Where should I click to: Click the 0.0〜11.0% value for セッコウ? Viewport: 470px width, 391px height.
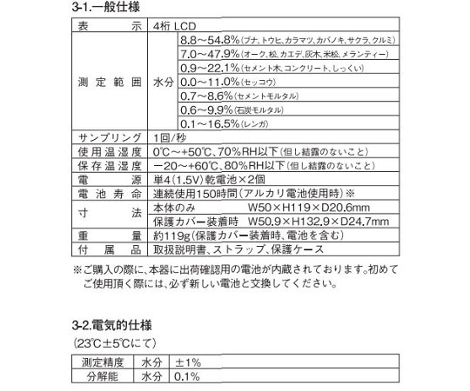click(209, 81)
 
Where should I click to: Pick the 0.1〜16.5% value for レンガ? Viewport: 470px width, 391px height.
click(209, 123)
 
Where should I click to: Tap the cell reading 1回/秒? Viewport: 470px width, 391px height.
click(167, 138)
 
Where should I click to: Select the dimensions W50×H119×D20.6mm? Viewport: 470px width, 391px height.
click(297, 208)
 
